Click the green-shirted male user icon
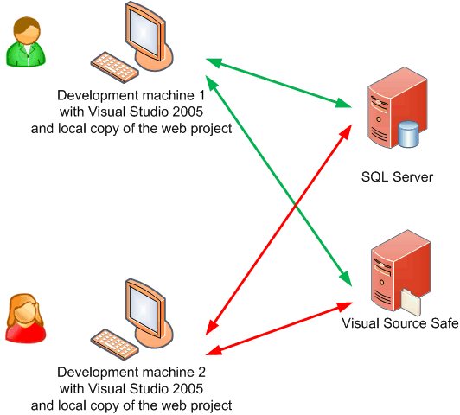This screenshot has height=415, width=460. pos(26,41)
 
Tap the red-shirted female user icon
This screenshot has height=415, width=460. pos(26,318)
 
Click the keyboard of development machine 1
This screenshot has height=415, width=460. pos(114,67)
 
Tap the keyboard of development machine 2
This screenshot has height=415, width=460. pos(114,344)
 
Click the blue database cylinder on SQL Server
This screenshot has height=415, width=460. pos(408,134)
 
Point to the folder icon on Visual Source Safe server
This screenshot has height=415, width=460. pos(410,302)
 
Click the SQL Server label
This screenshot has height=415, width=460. pos(397,177)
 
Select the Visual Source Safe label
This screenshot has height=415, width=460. pos(400,323)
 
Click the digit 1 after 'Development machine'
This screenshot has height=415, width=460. pos(201,95)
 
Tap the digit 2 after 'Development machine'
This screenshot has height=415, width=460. pos(201,372)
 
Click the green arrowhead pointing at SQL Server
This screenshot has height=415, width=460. pos(343,103)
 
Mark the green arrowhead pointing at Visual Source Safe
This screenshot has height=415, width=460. pos(346,278)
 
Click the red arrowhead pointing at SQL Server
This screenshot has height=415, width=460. pos(346,131)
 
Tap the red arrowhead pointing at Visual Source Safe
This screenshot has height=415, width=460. pos(344,306)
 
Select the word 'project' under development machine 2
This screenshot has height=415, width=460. pos(212,406)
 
